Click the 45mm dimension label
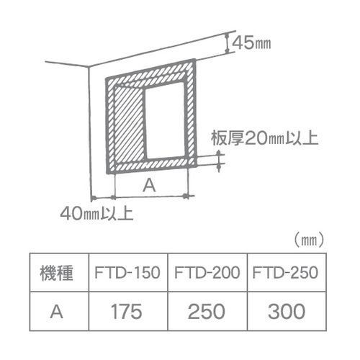pos(252,43)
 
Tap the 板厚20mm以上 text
pos(265,138)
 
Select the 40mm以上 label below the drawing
pos(96,213)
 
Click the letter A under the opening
pos(149,186)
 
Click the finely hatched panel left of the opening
pos(130,125)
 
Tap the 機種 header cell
pos(57,273)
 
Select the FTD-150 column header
pos(127,273)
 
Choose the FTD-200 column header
pos(207,273)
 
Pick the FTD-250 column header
pos(285,273)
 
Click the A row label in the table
pos(57,312)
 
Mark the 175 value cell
pos(127,312)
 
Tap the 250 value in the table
pos(207,312)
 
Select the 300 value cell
pos(287,312)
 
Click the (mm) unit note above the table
pos(310,240)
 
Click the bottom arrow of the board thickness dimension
pos(219,168)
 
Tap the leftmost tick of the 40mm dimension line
pos(94,198)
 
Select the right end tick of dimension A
pos(185,196)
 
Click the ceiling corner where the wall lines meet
pos(89,66)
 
